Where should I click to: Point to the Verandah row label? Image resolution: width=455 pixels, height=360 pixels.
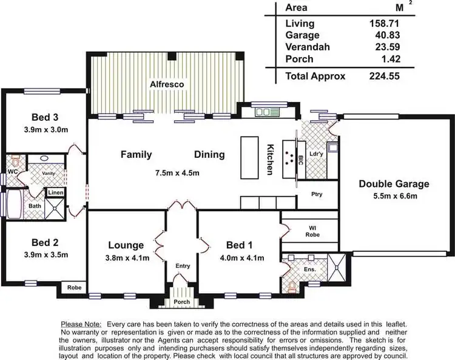303,47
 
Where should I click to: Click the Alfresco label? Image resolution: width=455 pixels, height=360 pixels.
167,84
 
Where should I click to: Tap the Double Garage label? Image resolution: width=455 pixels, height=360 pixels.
394,184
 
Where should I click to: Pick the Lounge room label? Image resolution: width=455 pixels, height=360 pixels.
126,245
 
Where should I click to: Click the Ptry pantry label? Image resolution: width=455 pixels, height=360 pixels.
315,195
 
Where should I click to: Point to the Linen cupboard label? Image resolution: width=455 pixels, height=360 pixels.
56,193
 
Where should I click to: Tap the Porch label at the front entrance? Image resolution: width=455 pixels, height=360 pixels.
181,302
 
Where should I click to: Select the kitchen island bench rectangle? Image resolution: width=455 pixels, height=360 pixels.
249,156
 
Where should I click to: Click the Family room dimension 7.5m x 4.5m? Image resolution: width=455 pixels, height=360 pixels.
177,173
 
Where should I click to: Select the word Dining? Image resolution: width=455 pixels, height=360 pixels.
209,155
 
